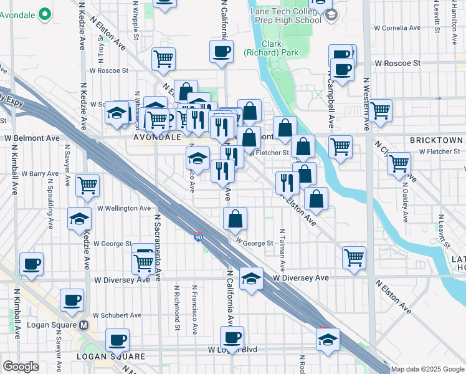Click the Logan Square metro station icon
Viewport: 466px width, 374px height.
coord(83,325)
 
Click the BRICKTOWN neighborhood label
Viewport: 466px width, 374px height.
coord(436,141)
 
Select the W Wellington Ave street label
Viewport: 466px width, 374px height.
coord(124,208)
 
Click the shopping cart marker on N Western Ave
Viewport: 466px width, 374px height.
coord(380,111)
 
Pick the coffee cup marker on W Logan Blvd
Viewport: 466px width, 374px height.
coord(233,338)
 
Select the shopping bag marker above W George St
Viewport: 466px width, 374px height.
coord(235,219)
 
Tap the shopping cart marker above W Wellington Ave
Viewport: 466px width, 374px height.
coord(87,185)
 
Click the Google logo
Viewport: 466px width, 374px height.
coord(21,367)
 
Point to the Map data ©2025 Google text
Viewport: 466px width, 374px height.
coord(427,369)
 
